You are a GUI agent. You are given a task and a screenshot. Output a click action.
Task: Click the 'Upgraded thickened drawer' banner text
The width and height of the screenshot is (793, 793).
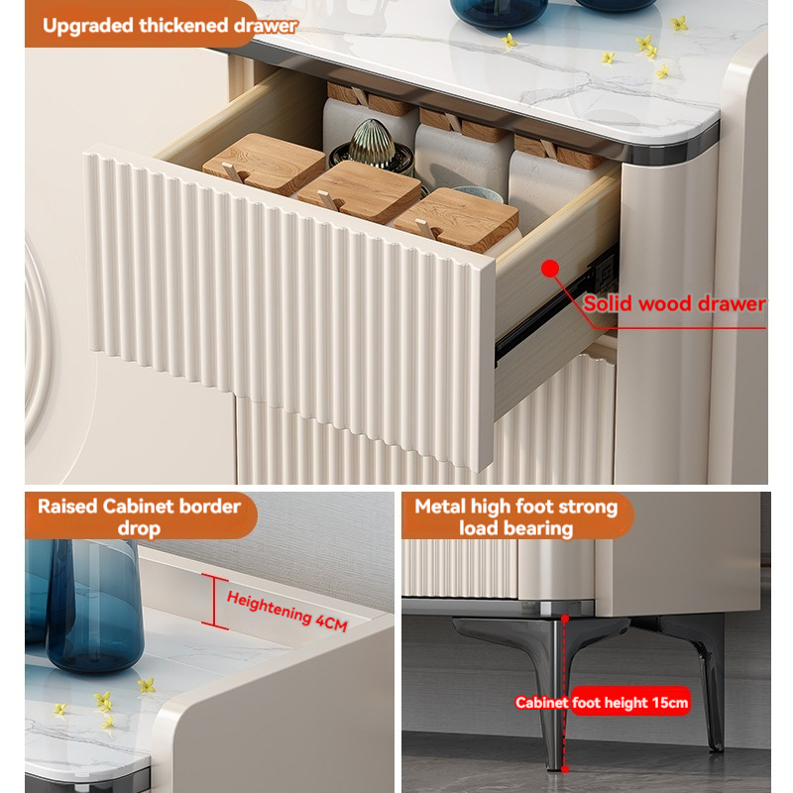[170, 26]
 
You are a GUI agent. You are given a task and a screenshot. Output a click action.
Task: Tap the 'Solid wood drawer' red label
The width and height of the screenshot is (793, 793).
[674, 303]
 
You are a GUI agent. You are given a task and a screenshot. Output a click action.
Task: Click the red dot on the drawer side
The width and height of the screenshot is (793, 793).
[550, 269]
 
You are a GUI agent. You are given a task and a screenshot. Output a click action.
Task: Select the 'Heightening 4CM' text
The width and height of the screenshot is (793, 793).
[286, 611]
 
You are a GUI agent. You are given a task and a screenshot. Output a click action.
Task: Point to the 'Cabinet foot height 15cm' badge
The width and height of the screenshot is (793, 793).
[602, 702]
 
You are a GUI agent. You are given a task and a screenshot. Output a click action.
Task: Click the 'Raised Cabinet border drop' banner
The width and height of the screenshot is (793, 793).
[141, 515]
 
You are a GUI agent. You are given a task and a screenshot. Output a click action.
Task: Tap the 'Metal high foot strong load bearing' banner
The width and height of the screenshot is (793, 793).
[516, 516]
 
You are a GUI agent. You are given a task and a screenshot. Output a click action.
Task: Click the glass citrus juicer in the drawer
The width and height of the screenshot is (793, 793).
[371, 145]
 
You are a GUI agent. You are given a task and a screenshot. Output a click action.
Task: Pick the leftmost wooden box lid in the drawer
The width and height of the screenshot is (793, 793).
[265, 164]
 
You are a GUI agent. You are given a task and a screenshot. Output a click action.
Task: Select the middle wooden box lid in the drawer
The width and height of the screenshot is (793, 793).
[360, 191]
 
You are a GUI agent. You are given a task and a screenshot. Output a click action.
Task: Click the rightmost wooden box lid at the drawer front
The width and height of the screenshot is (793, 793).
[456, 218]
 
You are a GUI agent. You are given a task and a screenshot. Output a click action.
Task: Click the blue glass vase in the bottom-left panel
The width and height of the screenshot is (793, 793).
[93, 606]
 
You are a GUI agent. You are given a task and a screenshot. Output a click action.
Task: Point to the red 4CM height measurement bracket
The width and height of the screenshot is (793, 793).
[214, 602]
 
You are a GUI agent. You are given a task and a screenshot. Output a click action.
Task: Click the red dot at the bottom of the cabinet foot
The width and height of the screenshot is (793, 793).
[565, 769]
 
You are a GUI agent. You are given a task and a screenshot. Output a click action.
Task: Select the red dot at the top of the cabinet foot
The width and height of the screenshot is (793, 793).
[565, 619]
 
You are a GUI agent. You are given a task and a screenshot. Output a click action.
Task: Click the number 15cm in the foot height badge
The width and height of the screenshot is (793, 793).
[670, 703]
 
